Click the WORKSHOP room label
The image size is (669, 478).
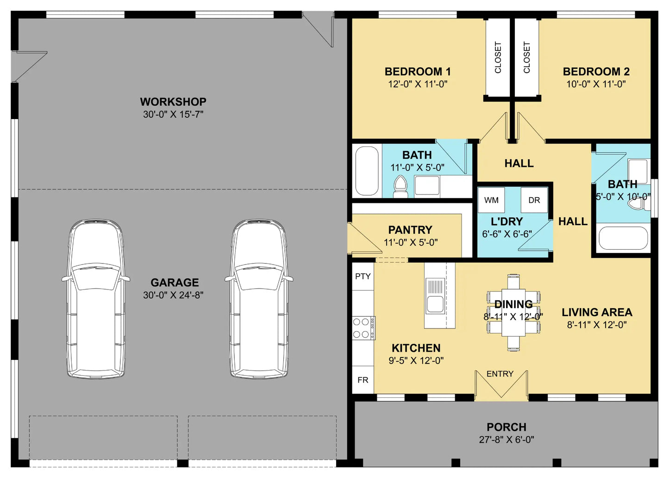pyautogui.click(x=173, y=102)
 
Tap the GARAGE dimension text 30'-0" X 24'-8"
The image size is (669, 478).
pyautogui.click(x=173, y=295)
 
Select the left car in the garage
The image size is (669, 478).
pyautogui.click(x=96, y=299)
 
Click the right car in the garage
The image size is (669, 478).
pyautogui.click(x=259, y=299)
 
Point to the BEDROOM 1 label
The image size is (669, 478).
pyautogui.click(x=418, y=72)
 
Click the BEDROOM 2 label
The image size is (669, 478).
pyautogui.click(x=596, y=72)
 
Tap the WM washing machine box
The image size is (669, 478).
pyautogui.click(x=491, y=200)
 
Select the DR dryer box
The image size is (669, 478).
pyautogui.click(x=534, y=200)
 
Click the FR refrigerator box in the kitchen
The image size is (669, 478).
pyautogui.click(x=363, y=380)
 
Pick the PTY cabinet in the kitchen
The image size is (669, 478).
pyautogui.click(x=363, y=277)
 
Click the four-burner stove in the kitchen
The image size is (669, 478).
pyautogui.click(x=364, y=328)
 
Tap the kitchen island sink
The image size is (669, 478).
pyautogui.click(x=435, y=296)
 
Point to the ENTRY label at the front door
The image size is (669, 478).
pyautogui.click(x=500, y=374)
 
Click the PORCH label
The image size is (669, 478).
pyautogui.click(x=506, y=427)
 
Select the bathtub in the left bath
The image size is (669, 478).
pyautogui.click(x=367, y=171)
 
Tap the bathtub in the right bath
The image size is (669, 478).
pyautogui.click(x=623, y=238)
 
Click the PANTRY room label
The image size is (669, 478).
pyautogui.click(x=410, y=230)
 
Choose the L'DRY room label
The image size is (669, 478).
pyautogui.click(x=507, y=222)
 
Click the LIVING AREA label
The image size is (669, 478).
pyautogui.click(x=597, y=313)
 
